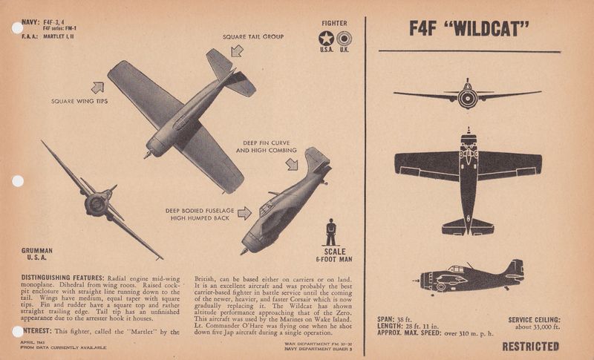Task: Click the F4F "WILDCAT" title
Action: click(x=469, y=30)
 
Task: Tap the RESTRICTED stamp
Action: click(x=530, y=346)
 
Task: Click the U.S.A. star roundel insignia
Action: click(x=325, y=38)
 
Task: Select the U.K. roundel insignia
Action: click(x=344, y=38)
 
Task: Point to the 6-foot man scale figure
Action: click(x=331, y=232)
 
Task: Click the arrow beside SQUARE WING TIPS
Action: click(x=97, y=88)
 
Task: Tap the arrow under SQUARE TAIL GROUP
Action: click(x=237, y=50)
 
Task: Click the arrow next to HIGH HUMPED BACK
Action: click(x=244, y=214)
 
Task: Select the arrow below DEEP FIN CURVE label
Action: click(x=291, y=163)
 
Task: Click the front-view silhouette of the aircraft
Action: click(x=467, y=94)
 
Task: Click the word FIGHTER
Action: click(x=335, y=22)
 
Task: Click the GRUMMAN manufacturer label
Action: click(x=37, y=252)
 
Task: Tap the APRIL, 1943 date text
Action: click(x=34, y=341)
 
